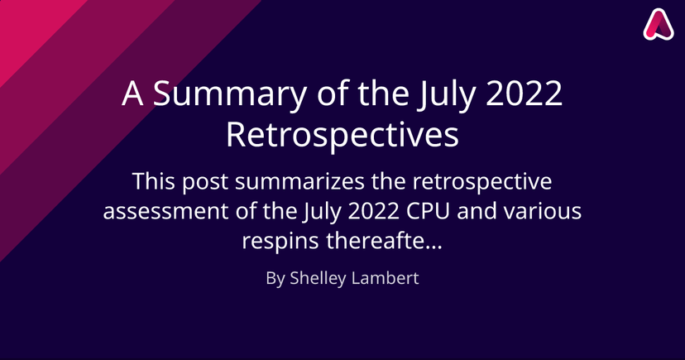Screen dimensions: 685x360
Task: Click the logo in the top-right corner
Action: (659, 25)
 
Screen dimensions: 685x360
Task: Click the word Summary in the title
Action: (229, 94)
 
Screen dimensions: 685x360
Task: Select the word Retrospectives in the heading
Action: (342, 135)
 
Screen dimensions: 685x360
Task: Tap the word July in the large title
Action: (445, 94)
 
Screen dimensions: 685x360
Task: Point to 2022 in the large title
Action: (524, 93)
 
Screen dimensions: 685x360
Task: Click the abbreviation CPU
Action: (429, 211)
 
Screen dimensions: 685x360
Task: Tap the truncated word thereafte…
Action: (385, 240)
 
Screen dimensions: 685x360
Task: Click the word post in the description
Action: (205, 182)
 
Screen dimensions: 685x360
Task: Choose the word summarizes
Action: (299, 181)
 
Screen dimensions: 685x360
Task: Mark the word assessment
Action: (166, 212)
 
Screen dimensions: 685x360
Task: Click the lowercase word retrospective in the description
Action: (483, 182)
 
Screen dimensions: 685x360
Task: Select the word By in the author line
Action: (275, 279)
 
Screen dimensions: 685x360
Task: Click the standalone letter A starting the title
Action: (132, 93)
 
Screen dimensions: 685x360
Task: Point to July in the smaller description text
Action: (321, 213)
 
